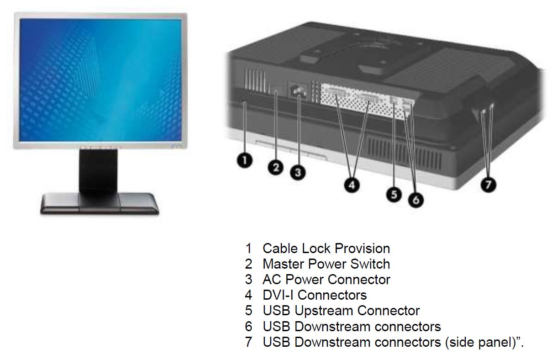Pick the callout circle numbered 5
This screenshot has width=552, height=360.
[x=394, y=194]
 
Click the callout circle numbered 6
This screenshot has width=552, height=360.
[x=415, y=199]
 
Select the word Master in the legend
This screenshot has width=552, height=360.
[x=284, y=264]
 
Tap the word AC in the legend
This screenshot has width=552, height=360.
[x=271, y=280]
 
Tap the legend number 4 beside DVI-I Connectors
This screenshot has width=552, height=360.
[x=248, y=295]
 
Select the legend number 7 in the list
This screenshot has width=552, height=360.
[x=248, y=343]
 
